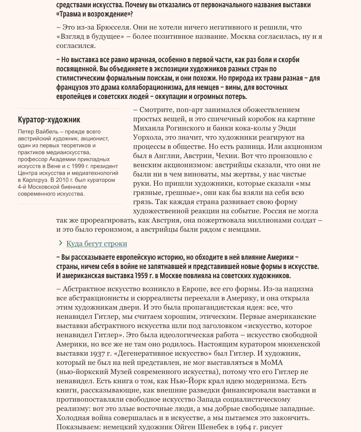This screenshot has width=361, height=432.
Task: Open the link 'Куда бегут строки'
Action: [96, 244]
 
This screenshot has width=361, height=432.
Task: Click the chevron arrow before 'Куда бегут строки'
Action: [60, 243]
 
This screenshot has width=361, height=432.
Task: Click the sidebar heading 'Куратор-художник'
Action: [49, 120]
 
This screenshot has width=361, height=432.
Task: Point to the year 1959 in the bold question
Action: [143, 276]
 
